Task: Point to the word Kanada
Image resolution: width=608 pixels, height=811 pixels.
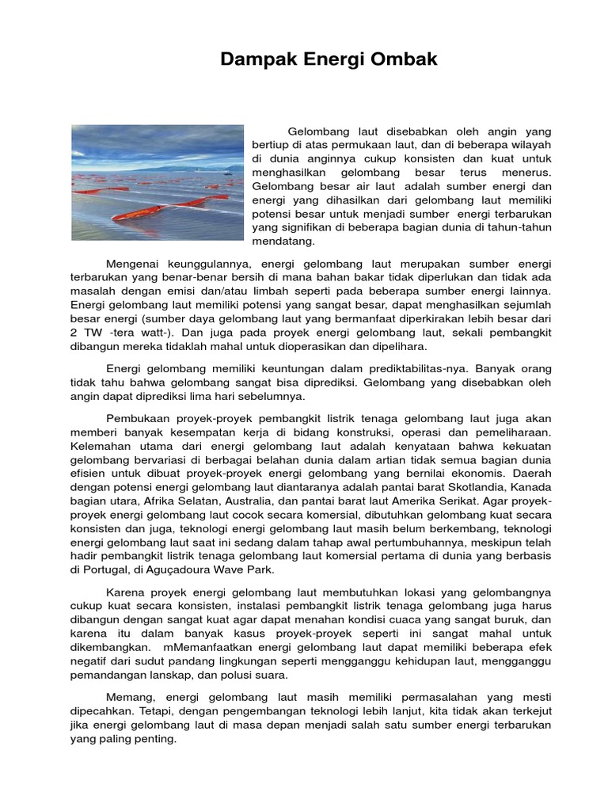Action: [x=532, y=488]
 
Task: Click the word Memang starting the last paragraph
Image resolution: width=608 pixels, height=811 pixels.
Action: [x=129, y=697]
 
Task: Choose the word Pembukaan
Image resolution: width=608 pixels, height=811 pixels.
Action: [x=135, y=418]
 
